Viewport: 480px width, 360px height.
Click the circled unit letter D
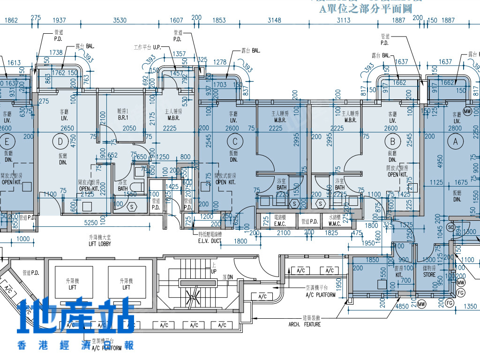click(x=60, y=141)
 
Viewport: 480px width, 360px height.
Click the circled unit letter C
click(x=235, y=141)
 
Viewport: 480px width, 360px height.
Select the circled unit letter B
click(x=392, y=141)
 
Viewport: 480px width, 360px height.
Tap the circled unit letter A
click(x=455, y=141)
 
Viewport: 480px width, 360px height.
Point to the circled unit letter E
click(x=7, y=141)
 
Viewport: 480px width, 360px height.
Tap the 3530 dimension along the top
click(x=120, y=20)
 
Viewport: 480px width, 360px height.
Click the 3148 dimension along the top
click(x=274, y=20)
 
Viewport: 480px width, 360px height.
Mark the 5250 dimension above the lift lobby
click(x=90, y=223)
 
